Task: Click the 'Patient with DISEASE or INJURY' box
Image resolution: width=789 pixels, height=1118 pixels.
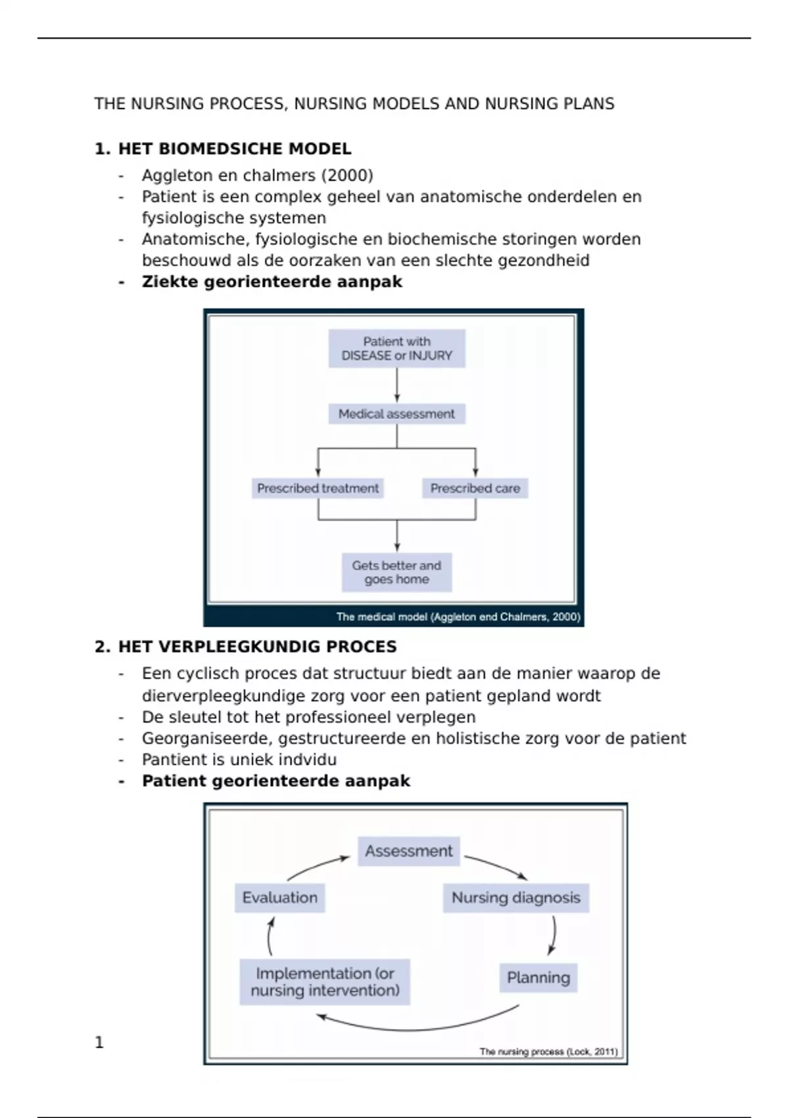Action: click(396, 349)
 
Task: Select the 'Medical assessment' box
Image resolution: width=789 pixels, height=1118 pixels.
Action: click(396, 414)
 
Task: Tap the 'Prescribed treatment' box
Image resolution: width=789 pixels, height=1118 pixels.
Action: click(318, 488)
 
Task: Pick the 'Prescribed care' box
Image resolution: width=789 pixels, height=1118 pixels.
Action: click(475, 488)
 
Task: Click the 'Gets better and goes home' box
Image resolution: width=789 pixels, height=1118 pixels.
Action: click(396, 572)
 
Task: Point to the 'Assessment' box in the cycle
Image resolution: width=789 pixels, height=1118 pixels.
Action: click(408, 851)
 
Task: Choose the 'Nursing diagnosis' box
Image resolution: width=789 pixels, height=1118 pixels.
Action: click(515, 898)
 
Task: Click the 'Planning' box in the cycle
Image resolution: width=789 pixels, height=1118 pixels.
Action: click(538, 977)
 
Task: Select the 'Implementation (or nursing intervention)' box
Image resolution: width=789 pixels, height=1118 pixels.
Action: click(325, 982)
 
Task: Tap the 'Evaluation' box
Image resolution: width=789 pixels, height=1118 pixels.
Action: click(279, 898)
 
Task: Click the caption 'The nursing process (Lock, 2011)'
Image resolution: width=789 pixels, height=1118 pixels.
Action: click(548, 1052)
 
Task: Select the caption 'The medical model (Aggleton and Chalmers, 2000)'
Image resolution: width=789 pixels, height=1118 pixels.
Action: click(458, 617)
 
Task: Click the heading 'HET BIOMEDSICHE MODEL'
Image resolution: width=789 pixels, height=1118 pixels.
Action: click(234, 149)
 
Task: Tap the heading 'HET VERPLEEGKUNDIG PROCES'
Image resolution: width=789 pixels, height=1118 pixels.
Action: click(257, 646)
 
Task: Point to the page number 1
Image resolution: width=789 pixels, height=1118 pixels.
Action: click(99, 1042)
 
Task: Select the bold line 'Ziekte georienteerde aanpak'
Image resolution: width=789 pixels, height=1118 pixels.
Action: click(272, 281)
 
